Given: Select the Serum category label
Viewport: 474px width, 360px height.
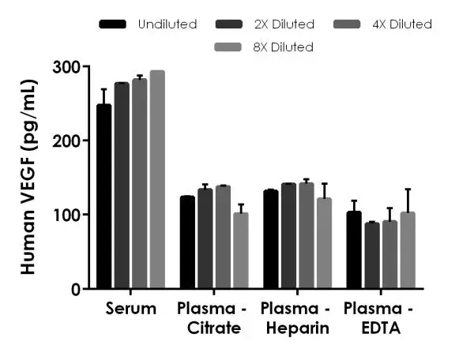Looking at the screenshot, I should click(x=130, y=308).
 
